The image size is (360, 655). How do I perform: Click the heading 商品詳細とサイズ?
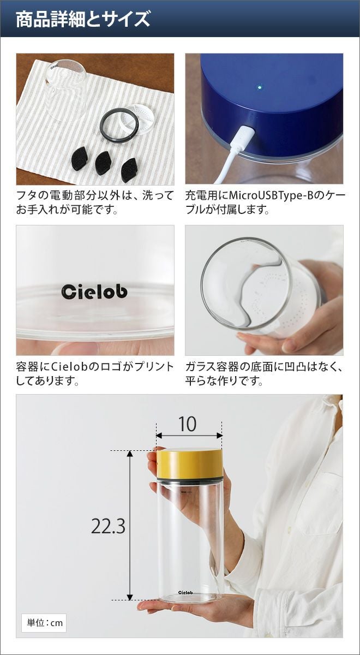point(83,19)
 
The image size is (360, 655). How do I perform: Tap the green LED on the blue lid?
point(259,87)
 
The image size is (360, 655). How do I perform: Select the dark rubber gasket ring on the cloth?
point(119,125)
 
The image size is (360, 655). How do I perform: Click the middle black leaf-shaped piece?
point(104,163)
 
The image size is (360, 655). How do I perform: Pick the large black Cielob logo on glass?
point(94,291)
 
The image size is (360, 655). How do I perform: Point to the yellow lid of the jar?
point(190,464)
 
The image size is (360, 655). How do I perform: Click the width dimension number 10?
point(187,424)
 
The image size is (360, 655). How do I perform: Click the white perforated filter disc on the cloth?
point(138,120)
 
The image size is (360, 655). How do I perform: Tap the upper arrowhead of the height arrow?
point(130,454)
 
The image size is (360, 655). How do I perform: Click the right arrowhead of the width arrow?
point(219,436)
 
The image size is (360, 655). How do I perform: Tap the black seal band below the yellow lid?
point(190,480)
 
